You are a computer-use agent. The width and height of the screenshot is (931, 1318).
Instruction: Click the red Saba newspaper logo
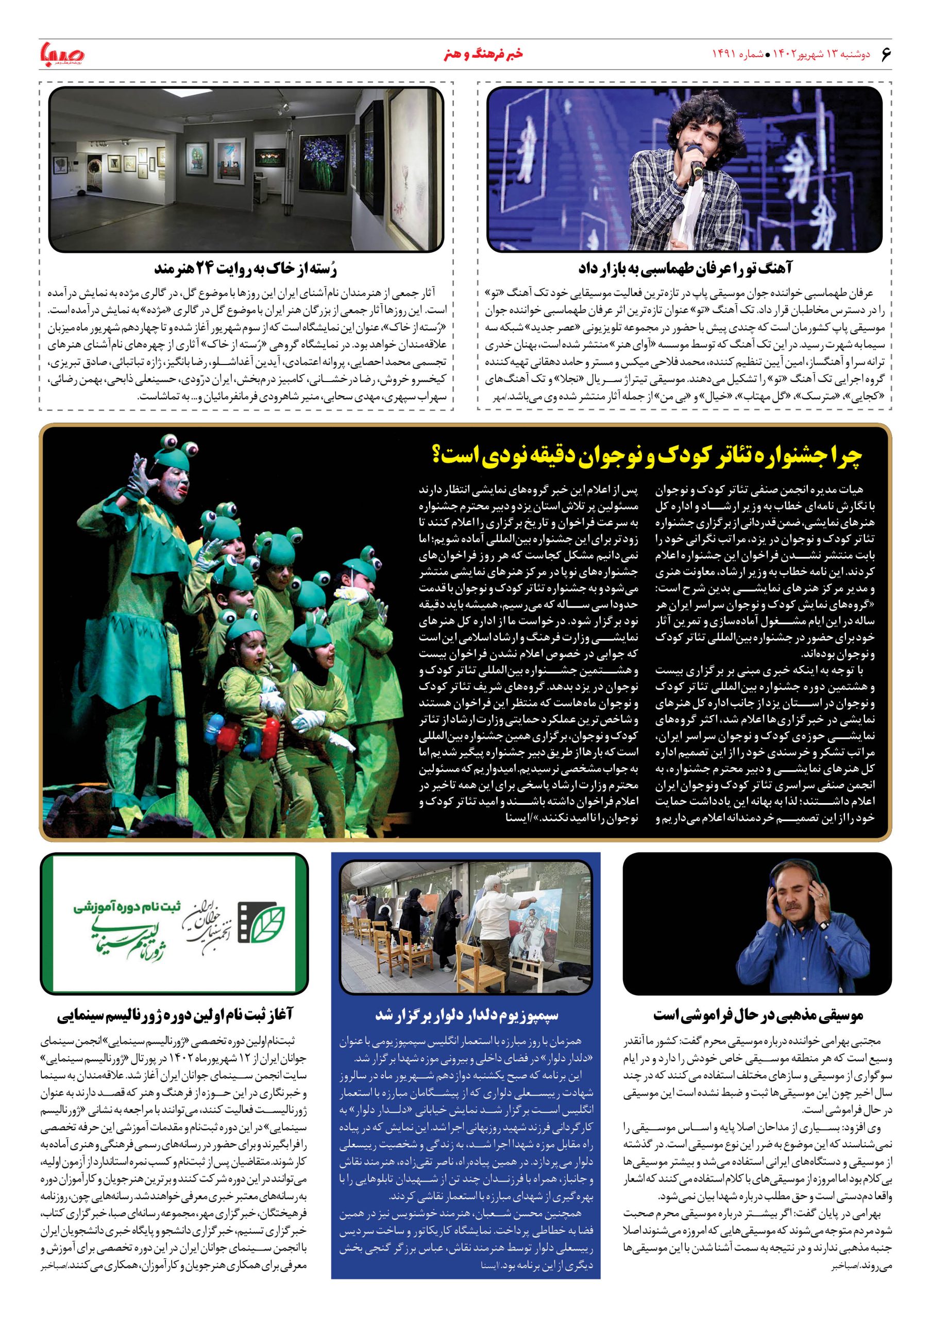pyautogui.click(x=61, y=54)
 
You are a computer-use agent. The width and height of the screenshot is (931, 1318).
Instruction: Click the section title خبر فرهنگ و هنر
pyautogui.click(x=483, y=55)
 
